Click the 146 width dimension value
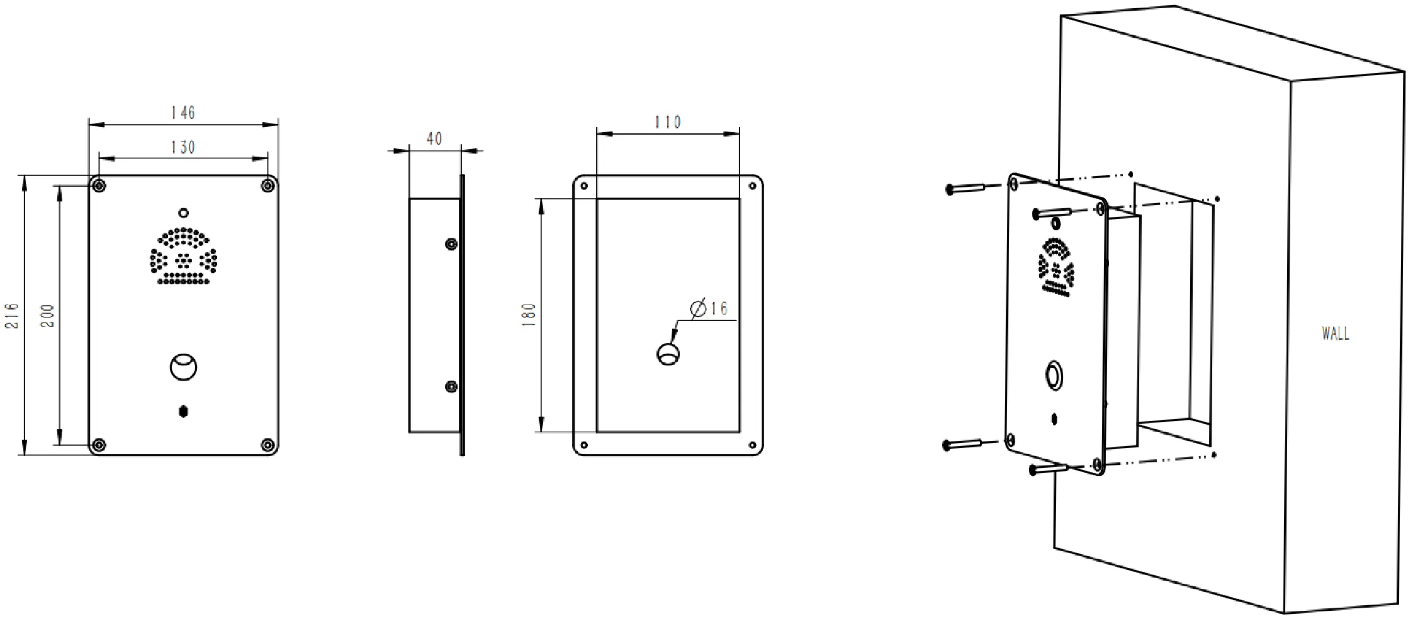coord(183,113)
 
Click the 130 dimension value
coord(183,147)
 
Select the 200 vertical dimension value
coord(48,316)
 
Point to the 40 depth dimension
coord(434,139)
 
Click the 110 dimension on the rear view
coord(668,122)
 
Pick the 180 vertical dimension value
coord(529,315)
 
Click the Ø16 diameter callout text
coord(709,308)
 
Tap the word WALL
coord(1335,333)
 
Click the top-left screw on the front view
coord(98,185)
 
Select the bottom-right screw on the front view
coord(268,445)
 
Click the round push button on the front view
coord(183,367)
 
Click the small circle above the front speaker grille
coord(183,213)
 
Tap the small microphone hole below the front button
coord(183,411)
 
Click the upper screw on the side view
coord(451,244)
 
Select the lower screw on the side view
coord(451,386)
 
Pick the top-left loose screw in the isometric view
coord(966,188)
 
